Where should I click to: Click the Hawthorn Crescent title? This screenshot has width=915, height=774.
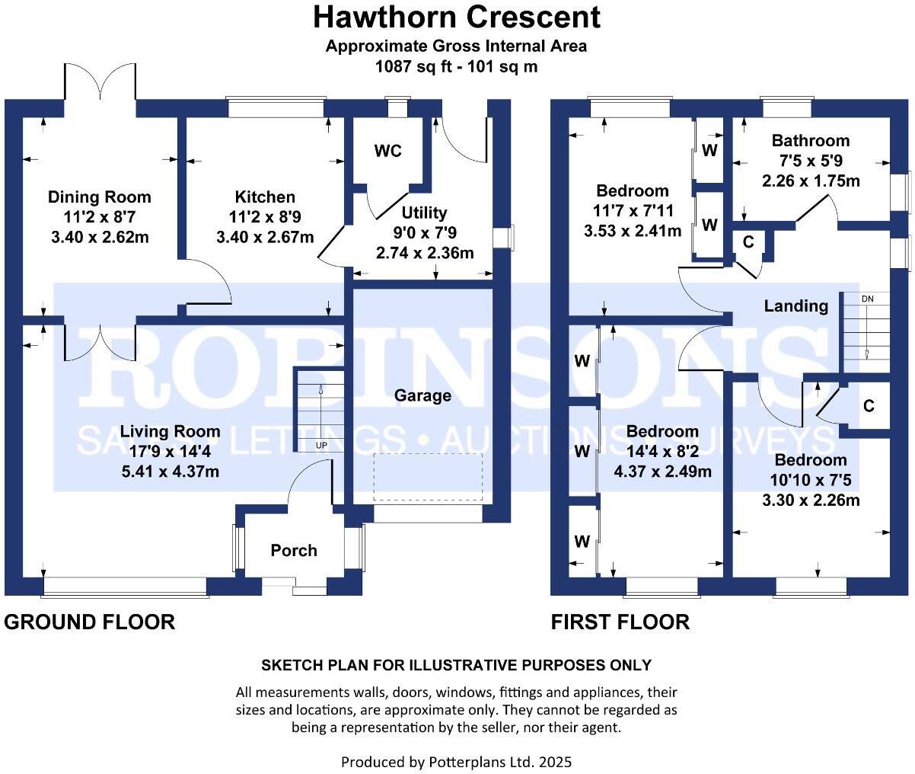(457, 17)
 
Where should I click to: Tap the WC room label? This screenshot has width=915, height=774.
(387, 151)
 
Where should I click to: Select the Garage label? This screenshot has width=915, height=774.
(422, 395)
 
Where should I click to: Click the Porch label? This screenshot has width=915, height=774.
(294, 550)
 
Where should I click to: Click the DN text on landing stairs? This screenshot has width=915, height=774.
(867, 299)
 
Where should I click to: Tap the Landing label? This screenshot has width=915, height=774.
(796, 305)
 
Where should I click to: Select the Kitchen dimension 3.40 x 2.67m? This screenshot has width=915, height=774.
(265, 237)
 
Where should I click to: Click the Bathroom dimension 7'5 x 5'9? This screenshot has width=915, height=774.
(811, 161)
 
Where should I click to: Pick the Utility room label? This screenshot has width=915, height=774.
(424, 213)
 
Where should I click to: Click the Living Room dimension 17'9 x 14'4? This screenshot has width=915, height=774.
(170, 452)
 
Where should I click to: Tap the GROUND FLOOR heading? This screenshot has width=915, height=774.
(90, 622)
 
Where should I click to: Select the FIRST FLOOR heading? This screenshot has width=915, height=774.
(620, 622)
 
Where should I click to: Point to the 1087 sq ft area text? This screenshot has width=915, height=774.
(457, 66)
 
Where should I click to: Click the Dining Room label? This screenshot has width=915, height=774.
(99, 197)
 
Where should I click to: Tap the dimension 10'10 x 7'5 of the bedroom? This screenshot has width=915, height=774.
(811, 480)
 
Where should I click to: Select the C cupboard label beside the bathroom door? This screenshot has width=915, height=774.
(748, 242)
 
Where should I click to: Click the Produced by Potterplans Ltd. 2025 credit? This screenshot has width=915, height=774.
(457, 761)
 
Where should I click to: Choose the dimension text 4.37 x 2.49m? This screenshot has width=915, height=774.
(662, 472)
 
